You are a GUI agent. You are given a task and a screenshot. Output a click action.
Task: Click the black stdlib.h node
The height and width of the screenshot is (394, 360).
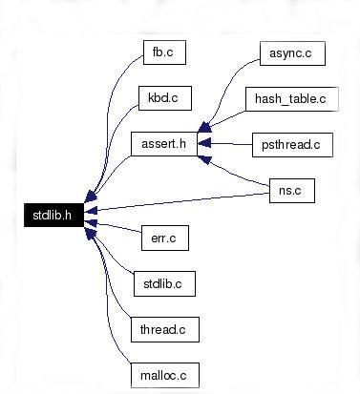tap(53, 216)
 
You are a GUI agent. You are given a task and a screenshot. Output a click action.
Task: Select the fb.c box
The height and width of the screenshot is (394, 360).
tap(164, 52)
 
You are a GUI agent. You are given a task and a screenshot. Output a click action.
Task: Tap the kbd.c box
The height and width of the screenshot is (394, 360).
tap(165, 98)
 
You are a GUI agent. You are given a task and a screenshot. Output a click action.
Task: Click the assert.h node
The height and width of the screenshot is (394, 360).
tap(164, 144)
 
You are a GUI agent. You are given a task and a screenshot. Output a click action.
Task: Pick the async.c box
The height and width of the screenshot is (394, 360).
tap(292, 53)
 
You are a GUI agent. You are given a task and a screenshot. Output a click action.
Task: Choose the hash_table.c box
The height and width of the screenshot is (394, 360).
tap(292, 99)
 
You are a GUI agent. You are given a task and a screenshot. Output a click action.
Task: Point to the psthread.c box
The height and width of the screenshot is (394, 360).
tap(292, 145)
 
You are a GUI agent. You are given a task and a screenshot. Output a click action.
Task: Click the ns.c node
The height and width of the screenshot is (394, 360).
tap(292, 191)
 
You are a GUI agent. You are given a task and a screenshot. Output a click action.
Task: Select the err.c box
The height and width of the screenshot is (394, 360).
tap(165, 238)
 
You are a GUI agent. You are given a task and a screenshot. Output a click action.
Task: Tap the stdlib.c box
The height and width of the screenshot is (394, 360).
tap(164, 284)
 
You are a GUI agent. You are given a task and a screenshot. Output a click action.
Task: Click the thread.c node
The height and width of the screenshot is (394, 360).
tap(165, 330)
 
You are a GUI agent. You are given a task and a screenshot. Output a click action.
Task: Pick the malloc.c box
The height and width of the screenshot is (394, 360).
tap(165, 376)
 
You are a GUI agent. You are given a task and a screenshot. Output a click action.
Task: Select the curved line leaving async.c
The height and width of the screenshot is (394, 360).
tap(228, 83)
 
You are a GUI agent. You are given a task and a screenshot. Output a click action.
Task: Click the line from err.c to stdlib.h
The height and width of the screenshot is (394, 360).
tap(118, 228)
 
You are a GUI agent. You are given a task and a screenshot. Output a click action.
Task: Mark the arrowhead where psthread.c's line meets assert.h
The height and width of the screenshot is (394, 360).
tap(204, 143)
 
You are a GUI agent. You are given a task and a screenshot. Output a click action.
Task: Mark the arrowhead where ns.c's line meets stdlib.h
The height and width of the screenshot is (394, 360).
tap(91, 211)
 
